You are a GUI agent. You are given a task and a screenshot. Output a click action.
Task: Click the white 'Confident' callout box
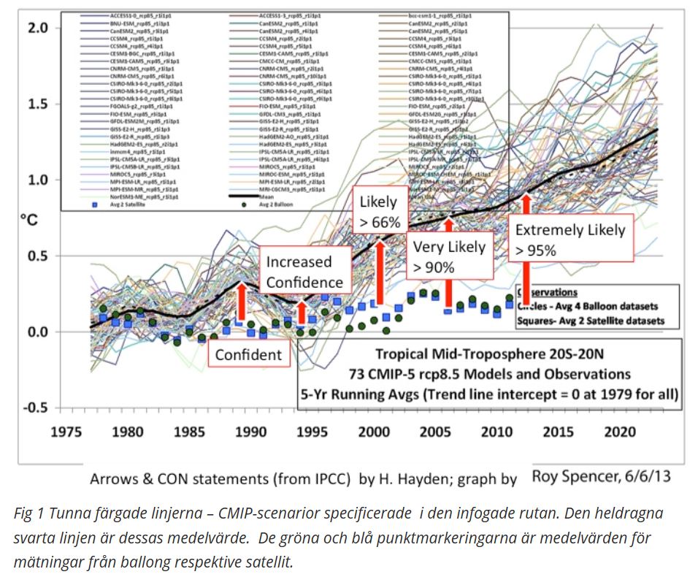(x=249, y=354)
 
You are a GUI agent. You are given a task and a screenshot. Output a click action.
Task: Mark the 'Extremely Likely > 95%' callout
(x=570, y=240)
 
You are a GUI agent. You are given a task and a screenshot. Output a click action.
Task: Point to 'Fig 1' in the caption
(x=28, y=513)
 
